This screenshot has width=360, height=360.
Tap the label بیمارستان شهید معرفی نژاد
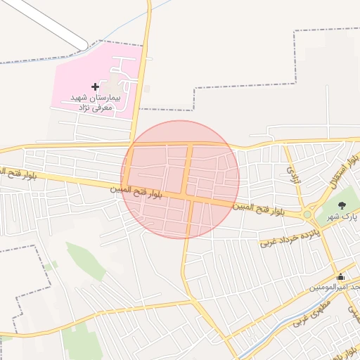[96, 102]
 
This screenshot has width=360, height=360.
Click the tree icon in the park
[342, 206]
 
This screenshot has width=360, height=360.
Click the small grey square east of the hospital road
[146, 89]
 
